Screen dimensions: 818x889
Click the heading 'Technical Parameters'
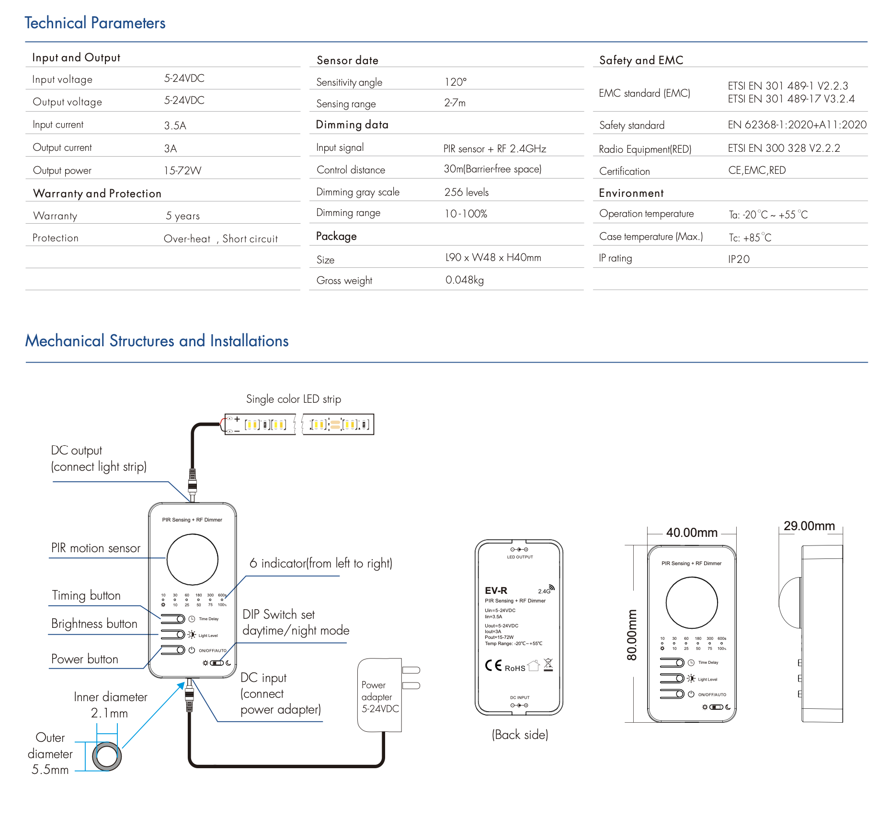coord(95,23)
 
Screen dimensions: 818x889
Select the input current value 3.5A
coord(175,125)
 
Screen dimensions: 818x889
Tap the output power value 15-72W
coord(182,170)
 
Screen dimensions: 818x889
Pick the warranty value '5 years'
coord(182,216)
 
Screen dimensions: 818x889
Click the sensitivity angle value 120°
coord(455,82)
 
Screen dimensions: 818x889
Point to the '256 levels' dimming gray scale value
coord(466,192)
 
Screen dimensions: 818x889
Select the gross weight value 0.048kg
coord(464,280)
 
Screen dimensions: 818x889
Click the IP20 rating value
coord(739,259)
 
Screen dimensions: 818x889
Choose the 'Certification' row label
coord(624,171)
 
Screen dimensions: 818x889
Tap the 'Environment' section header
coord(631,193)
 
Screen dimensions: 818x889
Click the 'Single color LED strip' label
coord(293,399)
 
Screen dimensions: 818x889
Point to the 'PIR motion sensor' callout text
coord(96,548)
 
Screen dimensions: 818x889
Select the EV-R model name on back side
coord(496,591)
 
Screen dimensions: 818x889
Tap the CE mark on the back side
coord(493,666)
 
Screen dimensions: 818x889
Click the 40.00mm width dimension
coord(692,533)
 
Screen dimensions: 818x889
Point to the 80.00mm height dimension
coord(632,635)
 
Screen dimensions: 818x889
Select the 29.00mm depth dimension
coord(809,526)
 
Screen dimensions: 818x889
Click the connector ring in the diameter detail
coord(106,756)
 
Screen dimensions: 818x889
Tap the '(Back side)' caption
coord(520,735)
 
